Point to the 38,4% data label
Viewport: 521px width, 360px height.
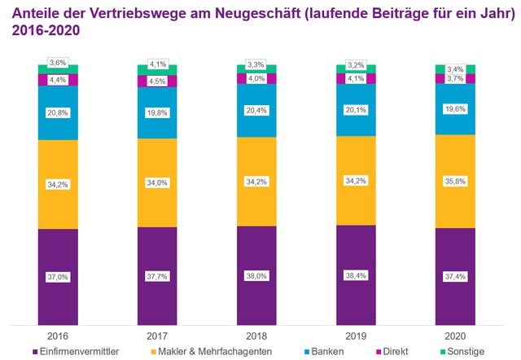point(356,276)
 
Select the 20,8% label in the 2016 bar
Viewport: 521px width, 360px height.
point(58,112)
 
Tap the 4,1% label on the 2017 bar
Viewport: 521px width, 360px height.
point(157,64)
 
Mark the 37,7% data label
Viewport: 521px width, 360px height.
point(157,277)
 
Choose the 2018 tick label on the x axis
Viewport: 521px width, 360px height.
point(256,334)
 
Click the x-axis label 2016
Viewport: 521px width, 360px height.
point(58,334)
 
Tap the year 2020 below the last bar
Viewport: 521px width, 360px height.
point(455,334)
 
